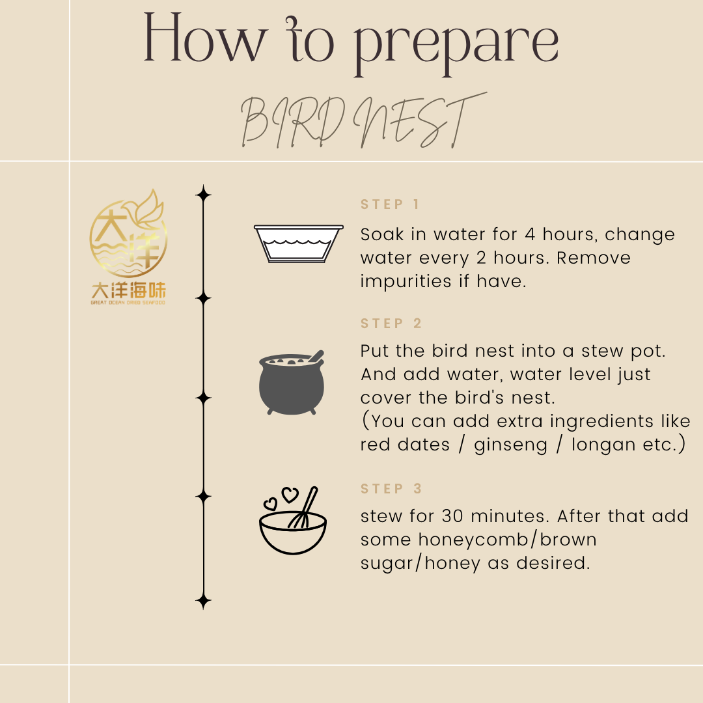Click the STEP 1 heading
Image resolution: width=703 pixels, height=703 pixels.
(x=390, y=204)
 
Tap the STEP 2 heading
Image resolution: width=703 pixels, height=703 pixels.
(x=391, y=324)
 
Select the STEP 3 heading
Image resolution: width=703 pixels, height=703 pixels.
(x=391, y=488)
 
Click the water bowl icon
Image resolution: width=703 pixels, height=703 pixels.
(x=299, y=243)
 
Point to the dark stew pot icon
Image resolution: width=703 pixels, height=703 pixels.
(x=292, y=383)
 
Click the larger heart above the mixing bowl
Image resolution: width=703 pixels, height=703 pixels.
(x=290, y=495)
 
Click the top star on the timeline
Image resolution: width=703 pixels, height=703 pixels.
(x=203, y=195)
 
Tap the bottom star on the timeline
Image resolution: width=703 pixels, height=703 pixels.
(x=203, y=601)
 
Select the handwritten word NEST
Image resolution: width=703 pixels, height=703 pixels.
(x=420, y=120)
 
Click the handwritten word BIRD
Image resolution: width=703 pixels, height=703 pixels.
(x=293, y=122)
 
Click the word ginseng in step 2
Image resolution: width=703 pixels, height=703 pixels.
(x=511, y=445)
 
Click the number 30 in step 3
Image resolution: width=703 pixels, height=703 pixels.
(x=452, y=516)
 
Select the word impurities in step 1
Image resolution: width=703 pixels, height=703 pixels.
(x=406, y=282)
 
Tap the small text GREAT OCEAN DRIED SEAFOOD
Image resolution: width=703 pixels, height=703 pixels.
(x=128, y=303)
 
